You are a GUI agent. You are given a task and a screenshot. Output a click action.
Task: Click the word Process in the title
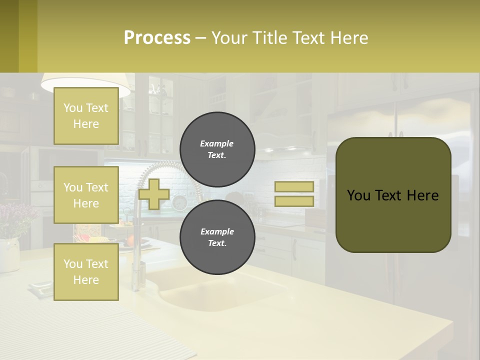[x=157, y=38]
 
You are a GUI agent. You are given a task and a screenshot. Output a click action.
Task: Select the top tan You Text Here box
[x=86, y=116]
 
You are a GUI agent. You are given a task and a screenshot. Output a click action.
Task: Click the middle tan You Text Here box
[x=86, y=195]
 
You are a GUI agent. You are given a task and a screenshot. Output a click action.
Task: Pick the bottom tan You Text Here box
[x=86, y=272]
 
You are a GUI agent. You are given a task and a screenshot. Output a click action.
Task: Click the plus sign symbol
[x=154, y=194]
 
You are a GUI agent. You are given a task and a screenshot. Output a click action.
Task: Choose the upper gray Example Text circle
[x=217, y=149]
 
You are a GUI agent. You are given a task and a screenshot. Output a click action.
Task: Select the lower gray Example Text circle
[x=217, y=237]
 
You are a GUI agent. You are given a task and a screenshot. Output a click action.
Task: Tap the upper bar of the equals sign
[x=294, y=186]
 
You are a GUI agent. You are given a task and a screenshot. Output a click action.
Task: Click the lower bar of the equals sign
[x=294, y=201]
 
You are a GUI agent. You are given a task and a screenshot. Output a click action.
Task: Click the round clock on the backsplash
[x=179, y=202]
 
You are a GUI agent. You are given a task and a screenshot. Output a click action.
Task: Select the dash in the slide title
[x=201, y=38]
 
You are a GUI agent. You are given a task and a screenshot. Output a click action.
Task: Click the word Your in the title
[x=230, y=38]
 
